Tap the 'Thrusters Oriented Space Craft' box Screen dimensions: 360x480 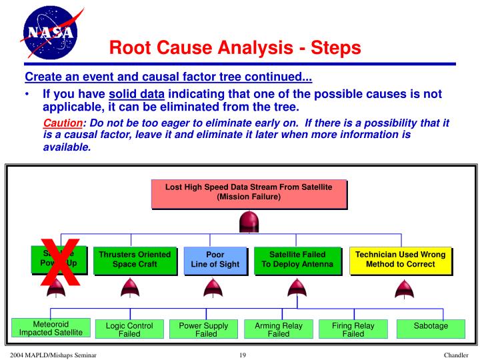point(135,260)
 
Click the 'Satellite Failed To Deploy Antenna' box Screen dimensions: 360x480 point(296,260)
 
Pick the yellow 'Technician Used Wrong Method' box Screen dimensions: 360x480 point(400,260)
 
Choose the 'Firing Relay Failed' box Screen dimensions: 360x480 point(353,329)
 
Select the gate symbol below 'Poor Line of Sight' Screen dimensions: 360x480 point(212,289)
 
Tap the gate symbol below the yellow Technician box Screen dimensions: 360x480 point(401,289)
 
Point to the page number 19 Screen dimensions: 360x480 point(242,355)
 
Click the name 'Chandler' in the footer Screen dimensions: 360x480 point(460,355)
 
